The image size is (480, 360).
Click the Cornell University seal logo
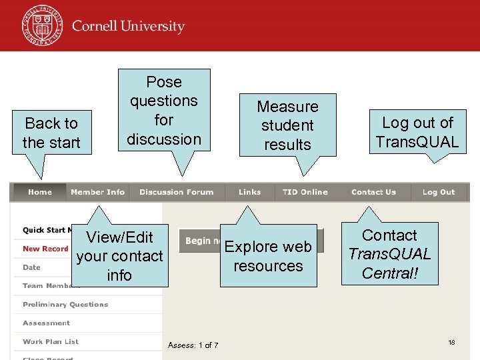point(42,26)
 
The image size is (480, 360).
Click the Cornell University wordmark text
point(128,27)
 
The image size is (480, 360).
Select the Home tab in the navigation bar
point(40,192)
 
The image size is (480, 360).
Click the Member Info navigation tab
point(97,192)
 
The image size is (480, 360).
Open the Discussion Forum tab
point(177,192)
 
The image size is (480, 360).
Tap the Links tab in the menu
point(250,192)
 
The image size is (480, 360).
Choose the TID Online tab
point(305,192)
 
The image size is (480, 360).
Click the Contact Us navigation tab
point(373,192)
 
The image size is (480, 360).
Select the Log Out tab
point(439,192)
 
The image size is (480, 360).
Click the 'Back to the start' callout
point(51,133)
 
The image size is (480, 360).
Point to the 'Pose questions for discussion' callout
point(164,110)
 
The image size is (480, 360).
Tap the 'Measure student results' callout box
point(288,125)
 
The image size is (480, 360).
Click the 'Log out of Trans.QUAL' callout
point(417,132)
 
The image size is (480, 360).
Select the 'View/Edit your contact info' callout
point(120,256)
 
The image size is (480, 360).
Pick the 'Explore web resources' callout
point(268,256)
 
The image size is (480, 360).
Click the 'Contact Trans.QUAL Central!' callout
point(390,254)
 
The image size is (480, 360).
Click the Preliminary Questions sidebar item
point(65,305)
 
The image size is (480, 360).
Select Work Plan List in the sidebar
point(51,341)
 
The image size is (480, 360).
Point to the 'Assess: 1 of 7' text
point(193,345)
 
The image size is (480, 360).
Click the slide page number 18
point(451,342)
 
